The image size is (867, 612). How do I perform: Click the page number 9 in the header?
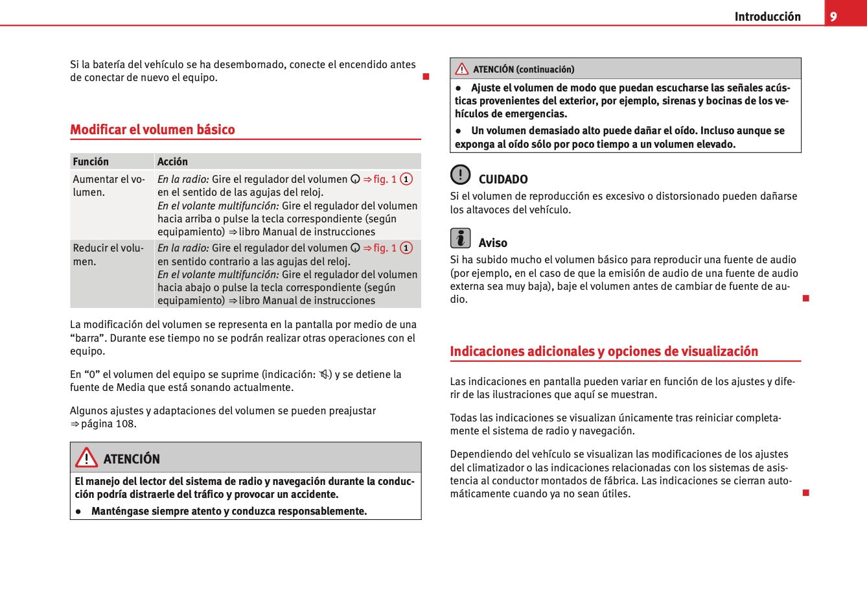(833, 16)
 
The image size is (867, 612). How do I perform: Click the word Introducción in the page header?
(767, 17)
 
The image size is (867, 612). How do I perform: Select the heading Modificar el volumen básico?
(152, 130)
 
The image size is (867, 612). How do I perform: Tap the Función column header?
(91, 161)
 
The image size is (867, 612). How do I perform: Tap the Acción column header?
(172, 161)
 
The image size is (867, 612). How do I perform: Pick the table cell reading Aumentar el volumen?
(109, 185)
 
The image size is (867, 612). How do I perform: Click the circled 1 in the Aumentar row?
(406, 179)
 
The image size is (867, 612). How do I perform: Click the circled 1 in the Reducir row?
(406, 248)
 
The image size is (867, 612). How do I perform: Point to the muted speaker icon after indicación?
(324, 374)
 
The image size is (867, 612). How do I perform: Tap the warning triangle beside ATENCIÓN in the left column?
(86, 458)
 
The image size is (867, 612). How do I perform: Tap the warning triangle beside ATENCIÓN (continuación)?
(461, 69)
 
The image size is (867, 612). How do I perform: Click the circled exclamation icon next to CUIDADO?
(460, 174)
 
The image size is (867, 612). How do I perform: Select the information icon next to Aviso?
(460, 238)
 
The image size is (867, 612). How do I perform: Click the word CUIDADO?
(503, 180)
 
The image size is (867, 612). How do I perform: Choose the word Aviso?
(492, 243)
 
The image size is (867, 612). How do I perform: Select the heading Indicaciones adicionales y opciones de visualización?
(604, 351)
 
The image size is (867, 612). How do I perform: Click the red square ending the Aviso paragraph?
(805, 298)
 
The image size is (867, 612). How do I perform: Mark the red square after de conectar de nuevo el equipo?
(426, 77)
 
